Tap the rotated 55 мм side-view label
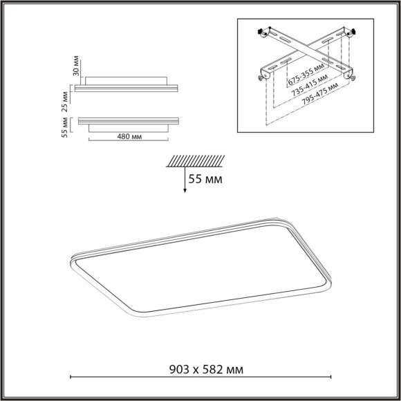point(66,126)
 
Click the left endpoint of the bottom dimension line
point(72,377)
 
